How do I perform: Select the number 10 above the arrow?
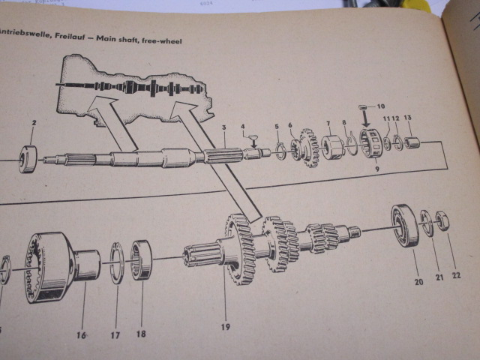380,106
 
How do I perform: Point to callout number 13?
407,118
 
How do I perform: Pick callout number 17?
115,335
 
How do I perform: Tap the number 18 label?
142,332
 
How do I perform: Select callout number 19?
225,326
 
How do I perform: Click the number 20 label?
418,282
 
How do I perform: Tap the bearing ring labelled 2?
28,158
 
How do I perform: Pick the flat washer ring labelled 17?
116,262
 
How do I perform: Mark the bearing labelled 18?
142,259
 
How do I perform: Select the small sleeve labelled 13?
412,142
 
